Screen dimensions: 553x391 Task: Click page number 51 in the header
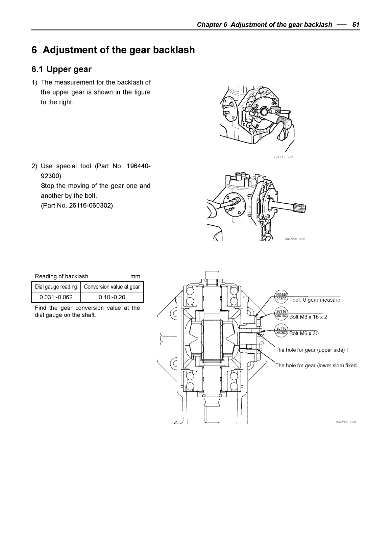tap(355, 25)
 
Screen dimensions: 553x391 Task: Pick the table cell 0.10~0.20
tap(112, 297)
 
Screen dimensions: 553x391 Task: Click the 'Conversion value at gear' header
tap(112, 287)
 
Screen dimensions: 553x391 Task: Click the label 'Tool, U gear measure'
tap(315, 300)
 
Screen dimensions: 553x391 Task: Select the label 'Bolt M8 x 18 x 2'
tap(308, 317)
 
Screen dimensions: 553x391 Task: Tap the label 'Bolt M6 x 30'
tap(304, 333)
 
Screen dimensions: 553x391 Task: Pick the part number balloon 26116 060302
tap(281, 330)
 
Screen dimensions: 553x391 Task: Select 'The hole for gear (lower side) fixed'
tap(316, 366)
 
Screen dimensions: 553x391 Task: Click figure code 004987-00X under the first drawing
tap(283, 156)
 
